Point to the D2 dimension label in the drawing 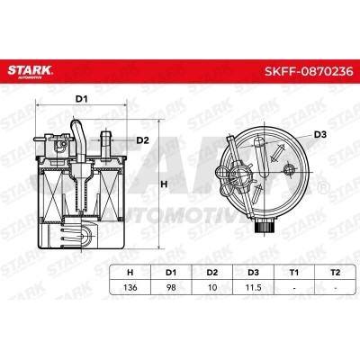click(141, 139)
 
